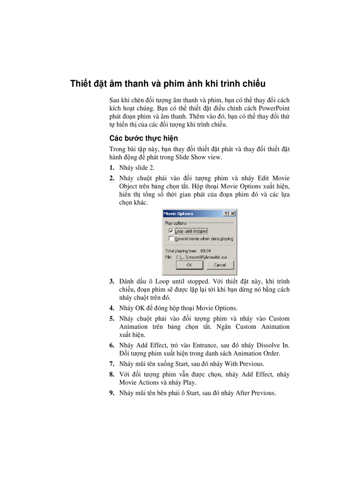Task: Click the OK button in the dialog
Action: point(189,265)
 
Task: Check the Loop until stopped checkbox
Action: point(171,231)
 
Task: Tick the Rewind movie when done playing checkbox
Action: point(171,238)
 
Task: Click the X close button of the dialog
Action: point(232,213)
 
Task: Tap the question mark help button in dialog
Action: point(226,213)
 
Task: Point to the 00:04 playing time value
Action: point(206,250)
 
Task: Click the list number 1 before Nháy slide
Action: point(112,168)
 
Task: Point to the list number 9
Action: point(112,393)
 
